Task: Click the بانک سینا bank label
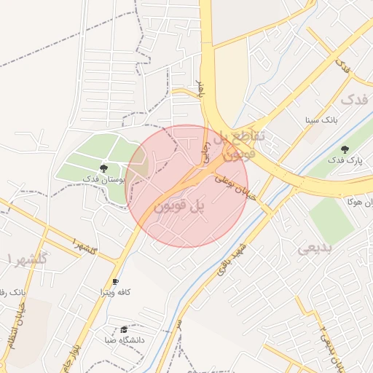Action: [x=321, y=118]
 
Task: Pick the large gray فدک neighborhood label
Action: [x=354, y=99]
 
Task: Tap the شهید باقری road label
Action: [x=231, y=260]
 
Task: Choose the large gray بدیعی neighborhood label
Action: [x=315, y=248]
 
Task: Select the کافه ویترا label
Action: [x=115, y=291]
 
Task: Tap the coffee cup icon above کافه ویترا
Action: [x=115, y=281]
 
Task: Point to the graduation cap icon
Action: [x=124, y=329]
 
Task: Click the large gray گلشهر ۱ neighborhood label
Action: [x=26, y=259]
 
